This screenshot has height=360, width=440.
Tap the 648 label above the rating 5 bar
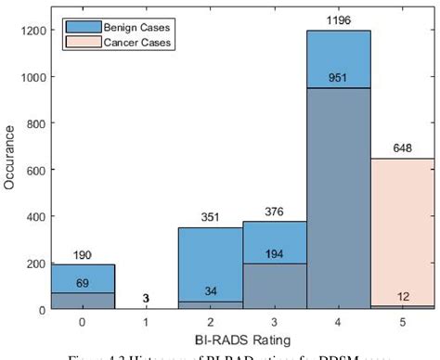[x=401, y=148]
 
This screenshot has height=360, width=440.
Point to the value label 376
[x=274, y=211]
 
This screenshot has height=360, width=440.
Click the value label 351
[x=210, y=217]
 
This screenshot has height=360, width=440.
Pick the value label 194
[x=274, y=253]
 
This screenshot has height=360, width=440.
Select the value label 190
[x=83, y=254]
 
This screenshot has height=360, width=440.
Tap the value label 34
[x=210, y=290]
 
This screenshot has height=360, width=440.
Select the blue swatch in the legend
[x=78, y=27]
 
